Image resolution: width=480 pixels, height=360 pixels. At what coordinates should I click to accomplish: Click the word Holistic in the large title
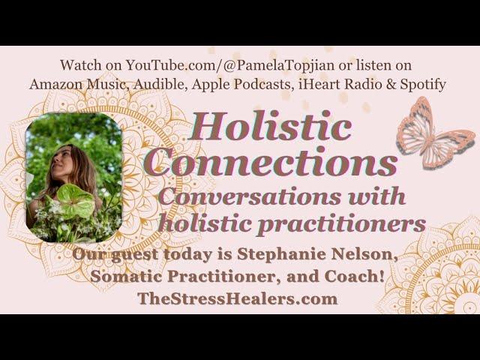(x=270, y=126)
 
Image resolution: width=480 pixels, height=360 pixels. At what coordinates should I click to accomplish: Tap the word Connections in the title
(x=271, y=161)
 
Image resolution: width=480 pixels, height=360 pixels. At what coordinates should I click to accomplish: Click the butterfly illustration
(x=435, y=133)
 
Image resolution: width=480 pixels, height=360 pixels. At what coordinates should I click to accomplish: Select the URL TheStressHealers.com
(x=238, y=298)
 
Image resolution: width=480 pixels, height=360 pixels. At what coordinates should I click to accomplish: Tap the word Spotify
(x=423, y=85)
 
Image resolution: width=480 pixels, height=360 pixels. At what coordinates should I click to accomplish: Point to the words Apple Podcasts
(x=241, y=85)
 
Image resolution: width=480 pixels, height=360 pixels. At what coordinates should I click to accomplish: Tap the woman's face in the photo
(x=62, y=160)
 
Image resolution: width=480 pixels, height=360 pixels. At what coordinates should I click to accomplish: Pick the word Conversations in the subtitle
(x=250, y=196)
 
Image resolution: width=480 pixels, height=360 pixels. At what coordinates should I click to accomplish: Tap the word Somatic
(x=127, y=276)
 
